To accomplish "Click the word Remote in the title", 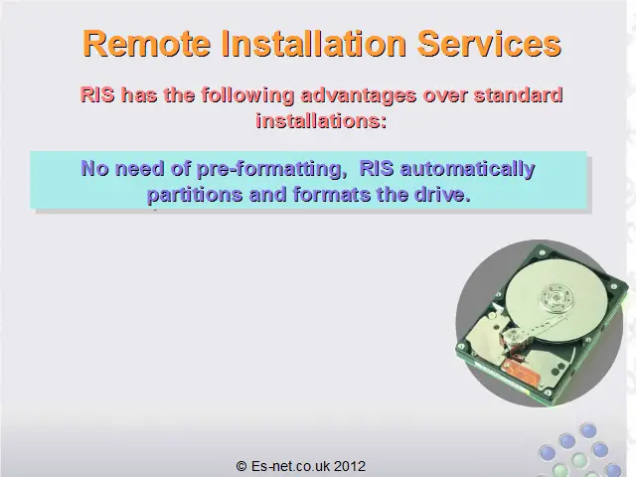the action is (x=146, y=44).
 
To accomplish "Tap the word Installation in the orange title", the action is (x=314, y=44).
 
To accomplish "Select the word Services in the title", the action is (x=489, y=44).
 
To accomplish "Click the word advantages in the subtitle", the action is (x=359, y=96).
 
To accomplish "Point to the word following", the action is (x=247, y=96).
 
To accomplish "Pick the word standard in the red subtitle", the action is (x=519, y=95).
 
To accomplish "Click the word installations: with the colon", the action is (x=321, y=120).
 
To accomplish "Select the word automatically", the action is (x=468, y=169).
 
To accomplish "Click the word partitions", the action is (x=195, y=195).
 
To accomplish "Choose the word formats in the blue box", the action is (x=331, y=195).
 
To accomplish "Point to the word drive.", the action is (x=442, y=194).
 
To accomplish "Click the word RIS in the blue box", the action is (x=377, y=168).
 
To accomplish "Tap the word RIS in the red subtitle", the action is (x=97, y=95).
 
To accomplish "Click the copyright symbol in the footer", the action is (x=241, y=466).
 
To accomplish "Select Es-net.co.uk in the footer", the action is (x=290, y=466).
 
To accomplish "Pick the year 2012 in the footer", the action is (x=350, y=466).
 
